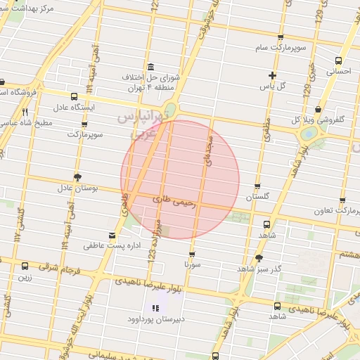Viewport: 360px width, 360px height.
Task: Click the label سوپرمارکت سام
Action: pyautogui.click(x=281, y=47)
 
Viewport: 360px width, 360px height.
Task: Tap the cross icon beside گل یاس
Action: pyautogui.click(x=273, y=75)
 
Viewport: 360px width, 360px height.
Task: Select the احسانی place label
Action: pyautogui.click(x=338, y=71)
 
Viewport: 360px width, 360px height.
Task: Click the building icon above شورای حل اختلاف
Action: pyautogui.click(x=150, y=65)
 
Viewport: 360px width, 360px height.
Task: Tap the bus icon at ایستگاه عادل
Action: pyautogui.click(x=75, y=96)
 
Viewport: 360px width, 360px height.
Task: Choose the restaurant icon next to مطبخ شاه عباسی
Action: pyautogui.click(x=25, y=112)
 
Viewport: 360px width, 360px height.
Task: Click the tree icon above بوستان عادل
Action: pyautogui.click(x=77, y=177)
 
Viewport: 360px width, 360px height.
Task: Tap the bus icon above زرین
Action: pyautogui.click(x=25, y=266)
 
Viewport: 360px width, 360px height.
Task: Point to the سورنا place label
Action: pyautogui.click(x=193, y=264)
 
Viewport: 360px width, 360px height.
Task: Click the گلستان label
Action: pyautogui.click(x=258, y=198)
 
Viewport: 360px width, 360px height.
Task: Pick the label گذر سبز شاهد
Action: pyautogui.click(x=259, y=269)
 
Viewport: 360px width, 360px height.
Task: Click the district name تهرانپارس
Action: pyautogui.click(x=141, y=115)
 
